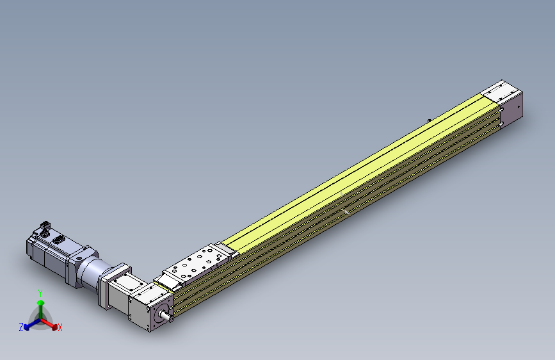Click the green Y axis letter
[x=40, y=292]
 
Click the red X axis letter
[x=60, y=328]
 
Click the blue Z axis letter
[x=21, y=327]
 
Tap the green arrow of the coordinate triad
[x=41, y=306]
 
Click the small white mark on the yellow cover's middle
[x=342, y=193]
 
